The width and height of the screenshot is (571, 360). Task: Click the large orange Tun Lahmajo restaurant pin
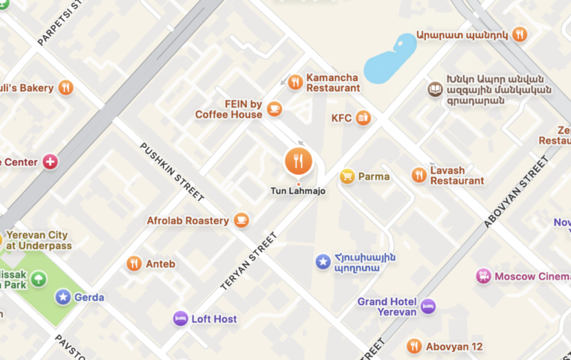(298, 161)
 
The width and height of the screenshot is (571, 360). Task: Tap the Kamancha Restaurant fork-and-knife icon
(295, 83)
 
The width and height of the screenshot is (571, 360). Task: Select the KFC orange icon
(363, 118)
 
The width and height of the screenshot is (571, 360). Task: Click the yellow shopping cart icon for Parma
(346, 176)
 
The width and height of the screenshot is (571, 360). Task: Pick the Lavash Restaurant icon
(419, 175)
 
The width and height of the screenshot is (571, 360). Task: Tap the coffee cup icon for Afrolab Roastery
(241, 220)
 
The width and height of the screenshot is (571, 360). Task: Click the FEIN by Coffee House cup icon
(274, 109)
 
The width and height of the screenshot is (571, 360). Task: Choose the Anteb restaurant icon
(134, 263)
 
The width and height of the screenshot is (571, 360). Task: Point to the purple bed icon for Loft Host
(180, 318)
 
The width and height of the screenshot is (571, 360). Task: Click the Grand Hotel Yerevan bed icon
(428, 306)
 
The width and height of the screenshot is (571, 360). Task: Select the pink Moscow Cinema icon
(484, 276)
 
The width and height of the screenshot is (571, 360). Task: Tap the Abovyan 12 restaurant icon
(414, 346)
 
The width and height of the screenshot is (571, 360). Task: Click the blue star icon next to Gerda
(63, 297)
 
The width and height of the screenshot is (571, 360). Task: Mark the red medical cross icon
(50, 161)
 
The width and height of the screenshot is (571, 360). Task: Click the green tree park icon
(39, 280)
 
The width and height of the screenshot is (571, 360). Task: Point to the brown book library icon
(434, 90)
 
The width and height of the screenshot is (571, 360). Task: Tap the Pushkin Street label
(172, 172)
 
